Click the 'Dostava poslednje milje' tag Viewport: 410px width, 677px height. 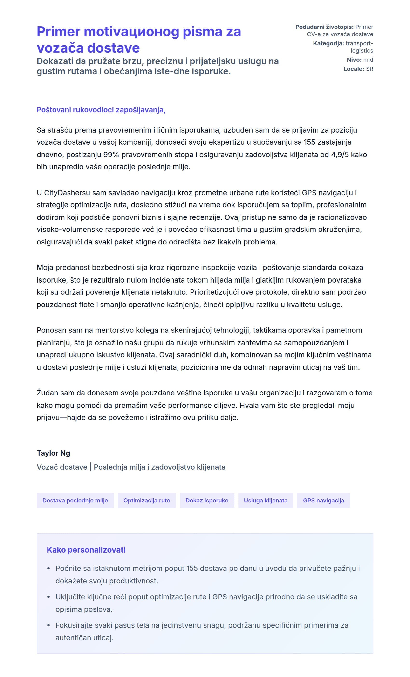point(75,500)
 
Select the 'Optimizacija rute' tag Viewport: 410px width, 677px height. point(146,500)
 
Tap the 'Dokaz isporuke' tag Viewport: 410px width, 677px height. point(207,500)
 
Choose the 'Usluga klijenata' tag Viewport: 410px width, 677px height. point(266,500)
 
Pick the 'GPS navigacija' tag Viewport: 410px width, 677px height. point(323,500)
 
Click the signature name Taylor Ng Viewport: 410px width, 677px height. point(53,453)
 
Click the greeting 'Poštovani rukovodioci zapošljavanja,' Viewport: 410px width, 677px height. point(101,110)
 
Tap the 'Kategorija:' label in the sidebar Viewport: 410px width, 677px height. point(328,43)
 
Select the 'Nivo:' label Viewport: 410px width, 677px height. point(354,60)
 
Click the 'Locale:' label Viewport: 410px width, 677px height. point(354,69)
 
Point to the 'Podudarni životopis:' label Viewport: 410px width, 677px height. point(324,27)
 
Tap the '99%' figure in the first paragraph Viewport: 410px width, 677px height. point(111,155)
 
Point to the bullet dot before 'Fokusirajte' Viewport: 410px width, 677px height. point(49,625)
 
